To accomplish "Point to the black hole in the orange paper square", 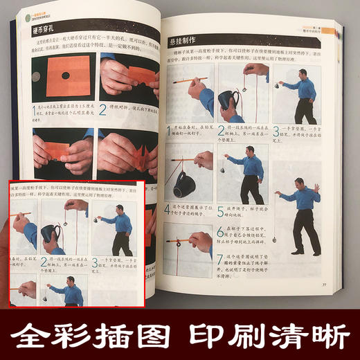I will pos(65,75).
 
